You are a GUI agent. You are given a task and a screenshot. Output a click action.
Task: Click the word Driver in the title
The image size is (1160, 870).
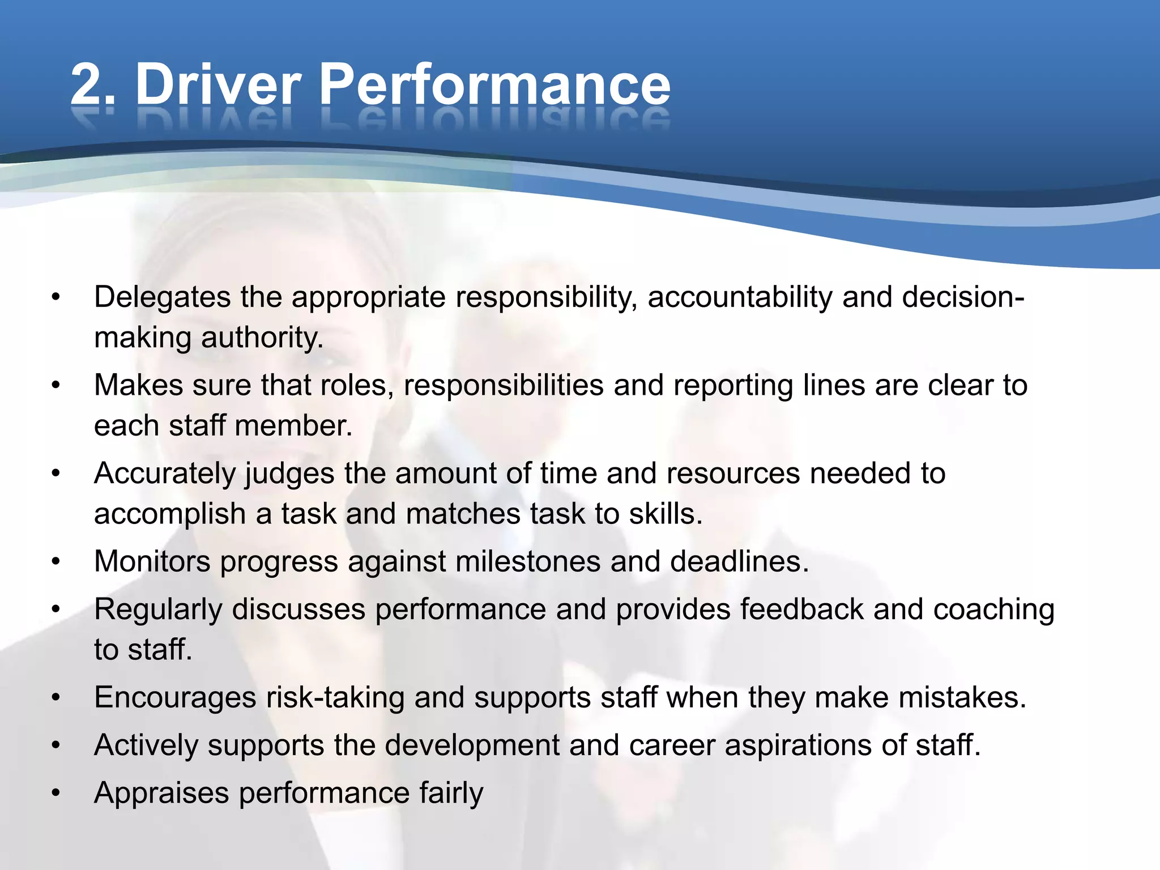pyautogui.click(x=218, y=85)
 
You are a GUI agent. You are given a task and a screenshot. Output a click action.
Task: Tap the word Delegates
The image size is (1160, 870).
pyautogui.click(x=162, y=297)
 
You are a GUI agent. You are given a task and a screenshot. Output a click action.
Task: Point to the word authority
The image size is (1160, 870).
pyautogui.click(x=262, y=338)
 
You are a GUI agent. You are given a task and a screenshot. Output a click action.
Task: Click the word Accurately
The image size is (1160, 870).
pyautogui.click(x=164, y=474)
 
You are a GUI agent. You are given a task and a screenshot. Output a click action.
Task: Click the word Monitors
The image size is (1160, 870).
pyautogui.click(x=152, y=562)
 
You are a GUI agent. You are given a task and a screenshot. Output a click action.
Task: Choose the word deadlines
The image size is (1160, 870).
pyautogui.click(x=739, y=562)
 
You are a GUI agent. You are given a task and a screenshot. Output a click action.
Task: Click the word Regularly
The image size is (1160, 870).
pyautogui.click(x=158, y=611)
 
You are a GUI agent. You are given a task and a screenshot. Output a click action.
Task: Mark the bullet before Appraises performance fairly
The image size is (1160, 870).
pyautogui.click(x=56, y=793)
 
